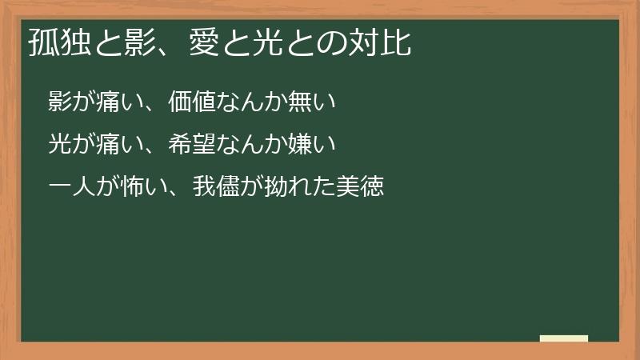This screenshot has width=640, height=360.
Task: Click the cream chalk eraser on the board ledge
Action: click(x=564, y=338)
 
